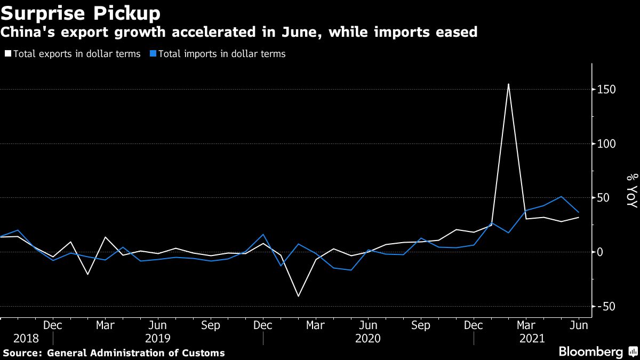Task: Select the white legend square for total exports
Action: pyautogui.click(x=7, y=54)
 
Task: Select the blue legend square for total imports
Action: pyautogui.click(x=153, y=54)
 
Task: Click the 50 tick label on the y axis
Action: pyautogui.click(x=603, y=198)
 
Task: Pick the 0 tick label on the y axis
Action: pyautogui.click(x=600, y=252)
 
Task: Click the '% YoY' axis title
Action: pyautogui.click(x=631, y=191)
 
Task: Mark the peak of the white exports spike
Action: pyautogui.click(x=508, y=84)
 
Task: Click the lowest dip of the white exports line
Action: pyautogui.click(x=298, y=296)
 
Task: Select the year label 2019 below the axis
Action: pyautogui.click(x=158, y=339)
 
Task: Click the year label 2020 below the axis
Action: pyautogui.click(x=368, y=339)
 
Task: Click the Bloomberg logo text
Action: pyautogui.click(x=590, y=352)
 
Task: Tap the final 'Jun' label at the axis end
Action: pyautogui.click(x=579, y=325)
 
